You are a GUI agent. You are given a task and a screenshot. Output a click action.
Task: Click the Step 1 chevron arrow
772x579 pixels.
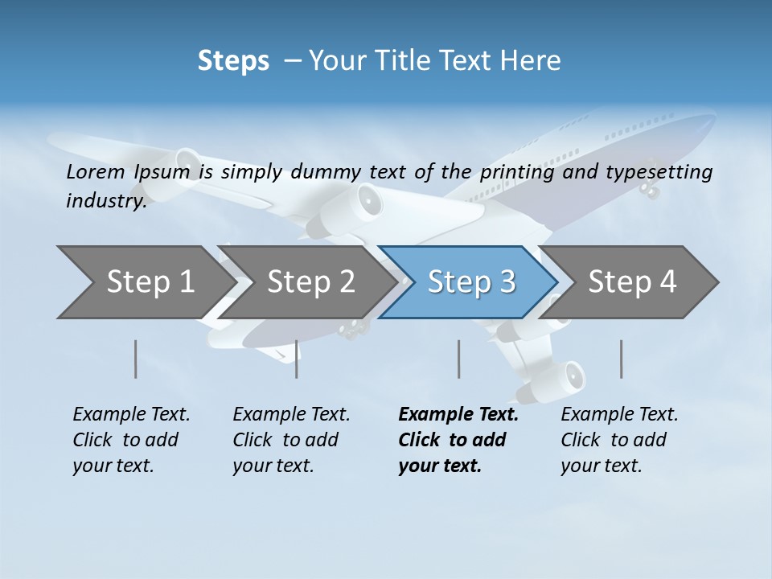(149, 282)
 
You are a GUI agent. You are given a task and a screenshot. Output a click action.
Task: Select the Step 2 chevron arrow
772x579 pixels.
(310, 282)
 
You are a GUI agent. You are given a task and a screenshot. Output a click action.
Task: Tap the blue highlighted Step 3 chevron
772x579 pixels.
(471, 282)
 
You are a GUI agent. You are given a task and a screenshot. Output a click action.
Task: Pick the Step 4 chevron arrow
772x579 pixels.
(632, 282)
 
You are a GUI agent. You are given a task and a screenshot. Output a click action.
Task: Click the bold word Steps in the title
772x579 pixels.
(233, 60)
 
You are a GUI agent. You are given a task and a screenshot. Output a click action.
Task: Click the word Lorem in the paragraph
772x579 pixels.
(95, 171)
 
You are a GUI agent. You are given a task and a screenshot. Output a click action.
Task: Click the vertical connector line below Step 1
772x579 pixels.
(136, 359)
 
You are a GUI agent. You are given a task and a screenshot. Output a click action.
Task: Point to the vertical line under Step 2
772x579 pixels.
(297, 359)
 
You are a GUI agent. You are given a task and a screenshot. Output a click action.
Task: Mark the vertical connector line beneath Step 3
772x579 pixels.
(458, 359)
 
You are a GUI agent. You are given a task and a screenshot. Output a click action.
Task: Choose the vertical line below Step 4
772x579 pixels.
(621, 359)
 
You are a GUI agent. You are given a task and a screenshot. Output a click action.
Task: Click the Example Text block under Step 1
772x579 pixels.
(131, 440)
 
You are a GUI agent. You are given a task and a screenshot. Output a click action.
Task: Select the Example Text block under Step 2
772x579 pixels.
(291, 440)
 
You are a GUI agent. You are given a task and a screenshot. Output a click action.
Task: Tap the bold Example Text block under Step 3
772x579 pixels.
(458, 440)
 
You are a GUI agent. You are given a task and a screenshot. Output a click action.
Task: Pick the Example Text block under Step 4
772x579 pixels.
(619, 440)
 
